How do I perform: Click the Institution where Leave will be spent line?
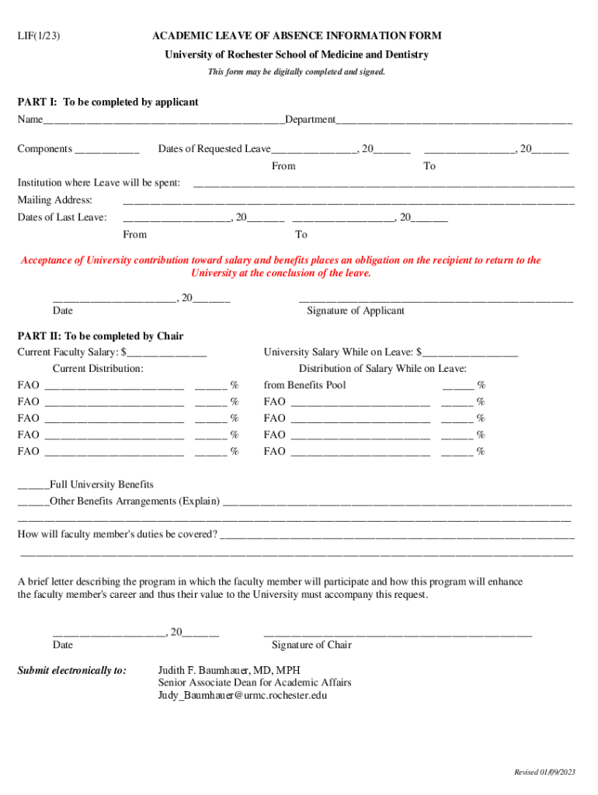[x=383, y=185]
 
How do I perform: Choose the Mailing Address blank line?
[x=349, y=202]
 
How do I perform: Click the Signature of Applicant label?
[x=356, y=311]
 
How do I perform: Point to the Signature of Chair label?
[x=311, y=645]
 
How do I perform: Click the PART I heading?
[x=108, y=102]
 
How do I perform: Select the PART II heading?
[x=100, y=336]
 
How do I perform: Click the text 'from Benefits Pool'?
[x=304, y=385]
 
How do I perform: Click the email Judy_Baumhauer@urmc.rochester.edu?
[x=242, y=696]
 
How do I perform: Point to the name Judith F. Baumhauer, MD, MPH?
[x=229, y=670]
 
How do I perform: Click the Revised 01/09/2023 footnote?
[x=544, y=772]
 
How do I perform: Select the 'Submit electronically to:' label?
[x=72, y=670]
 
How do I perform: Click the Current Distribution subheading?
[x=98, y=369]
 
